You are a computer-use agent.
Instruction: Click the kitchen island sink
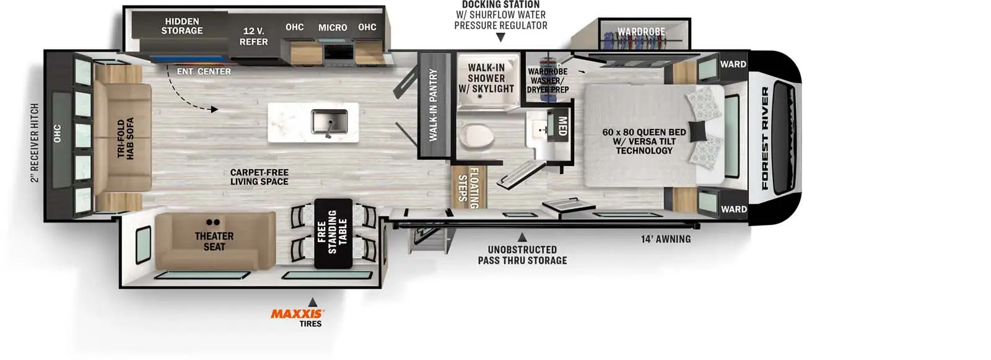(x=330, y=122)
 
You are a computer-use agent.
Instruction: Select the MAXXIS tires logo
(x=297, y=314)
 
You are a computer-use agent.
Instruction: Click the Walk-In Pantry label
(x=433, y=105)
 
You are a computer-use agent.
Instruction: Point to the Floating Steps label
(x=468, y=188)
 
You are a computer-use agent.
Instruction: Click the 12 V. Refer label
(x=253, y=37)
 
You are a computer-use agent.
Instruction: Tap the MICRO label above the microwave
(x=333, y=27)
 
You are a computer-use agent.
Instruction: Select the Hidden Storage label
(x=182, y=25)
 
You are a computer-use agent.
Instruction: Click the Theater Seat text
(x=214, y=241)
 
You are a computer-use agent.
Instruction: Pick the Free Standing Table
(x=333, y=234)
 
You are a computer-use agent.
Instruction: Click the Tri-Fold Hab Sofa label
(x=125, y=138)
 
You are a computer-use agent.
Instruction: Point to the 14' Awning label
(x=666, y=239)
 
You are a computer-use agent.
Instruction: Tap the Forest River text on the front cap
(x=765, y=138)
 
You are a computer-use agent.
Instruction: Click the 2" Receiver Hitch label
(x=35, y=143)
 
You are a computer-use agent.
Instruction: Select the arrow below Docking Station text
(x=500, y=38)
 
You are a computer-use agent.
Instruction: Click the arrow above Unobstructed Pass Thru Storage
(x=522, y=237)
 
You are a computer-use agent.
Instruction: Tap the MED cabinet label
(x=562, y=126)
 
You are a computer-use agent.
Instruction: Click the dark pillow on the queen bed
(x=697, y=131)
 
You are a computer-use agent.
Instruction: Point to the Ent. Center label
(x=204, y=71)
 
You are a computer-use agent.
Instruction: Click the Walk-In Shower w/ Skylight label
(x=486, y=78)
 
